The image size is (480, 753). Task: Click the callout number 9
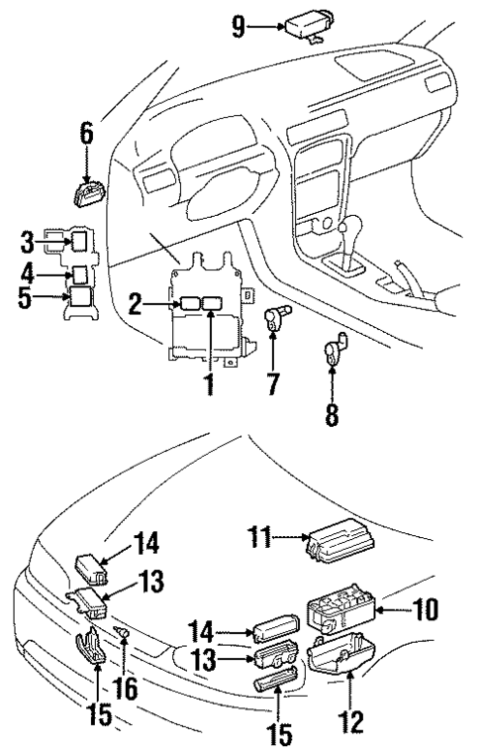coord(239,26)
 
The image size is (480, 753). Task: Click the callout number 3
coord(29,241)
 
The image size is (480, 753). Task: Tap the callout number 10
coord(428,607)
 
